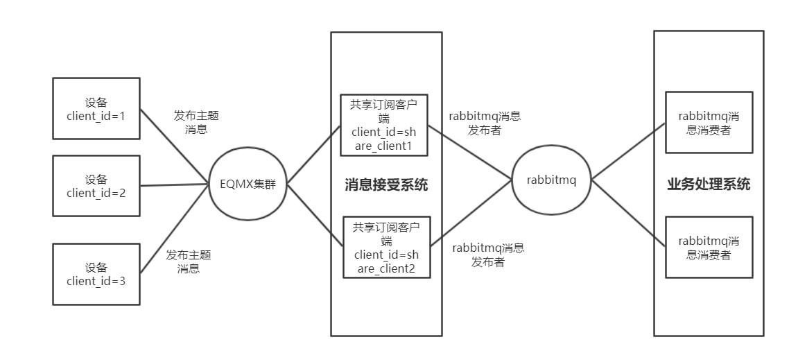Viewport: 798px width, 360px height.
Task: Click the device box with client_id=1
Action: (x=96, y=108)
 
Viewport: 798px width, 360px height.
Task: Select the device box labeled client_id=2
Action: (x=96, y=185)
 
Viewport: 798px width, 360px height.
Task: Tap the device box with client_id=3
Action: (x=96, y=273)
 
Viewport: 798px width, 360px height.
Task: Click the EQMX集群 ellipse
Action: (x=248, y=185)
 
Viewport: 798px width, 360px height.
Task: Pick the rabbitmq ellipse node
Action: (x=551, y=180)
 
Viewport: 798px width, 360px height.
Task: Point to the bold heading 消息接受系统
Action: (x=386, y=185)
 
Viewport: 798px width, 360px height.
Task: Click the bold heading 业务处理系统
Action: (x=709, y=185)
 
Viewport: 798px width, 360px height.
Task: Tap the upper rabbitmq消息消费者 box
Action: (x=709, y=122)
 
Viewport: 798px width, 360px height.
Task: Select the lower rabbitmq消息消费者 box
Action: (x=709, y=248)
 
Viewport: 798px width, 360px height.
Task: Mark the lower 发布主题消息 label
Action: (x=189, y=262)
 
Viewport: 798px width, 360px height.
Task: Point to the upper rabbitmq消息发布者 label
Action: (x=485, y=123)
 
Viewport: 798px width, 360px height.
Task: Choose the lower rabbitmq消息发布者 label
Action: (x=488, y=255)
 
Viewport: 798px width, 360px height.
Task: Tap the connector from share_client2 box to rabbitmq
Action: (x=471, y=216)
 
